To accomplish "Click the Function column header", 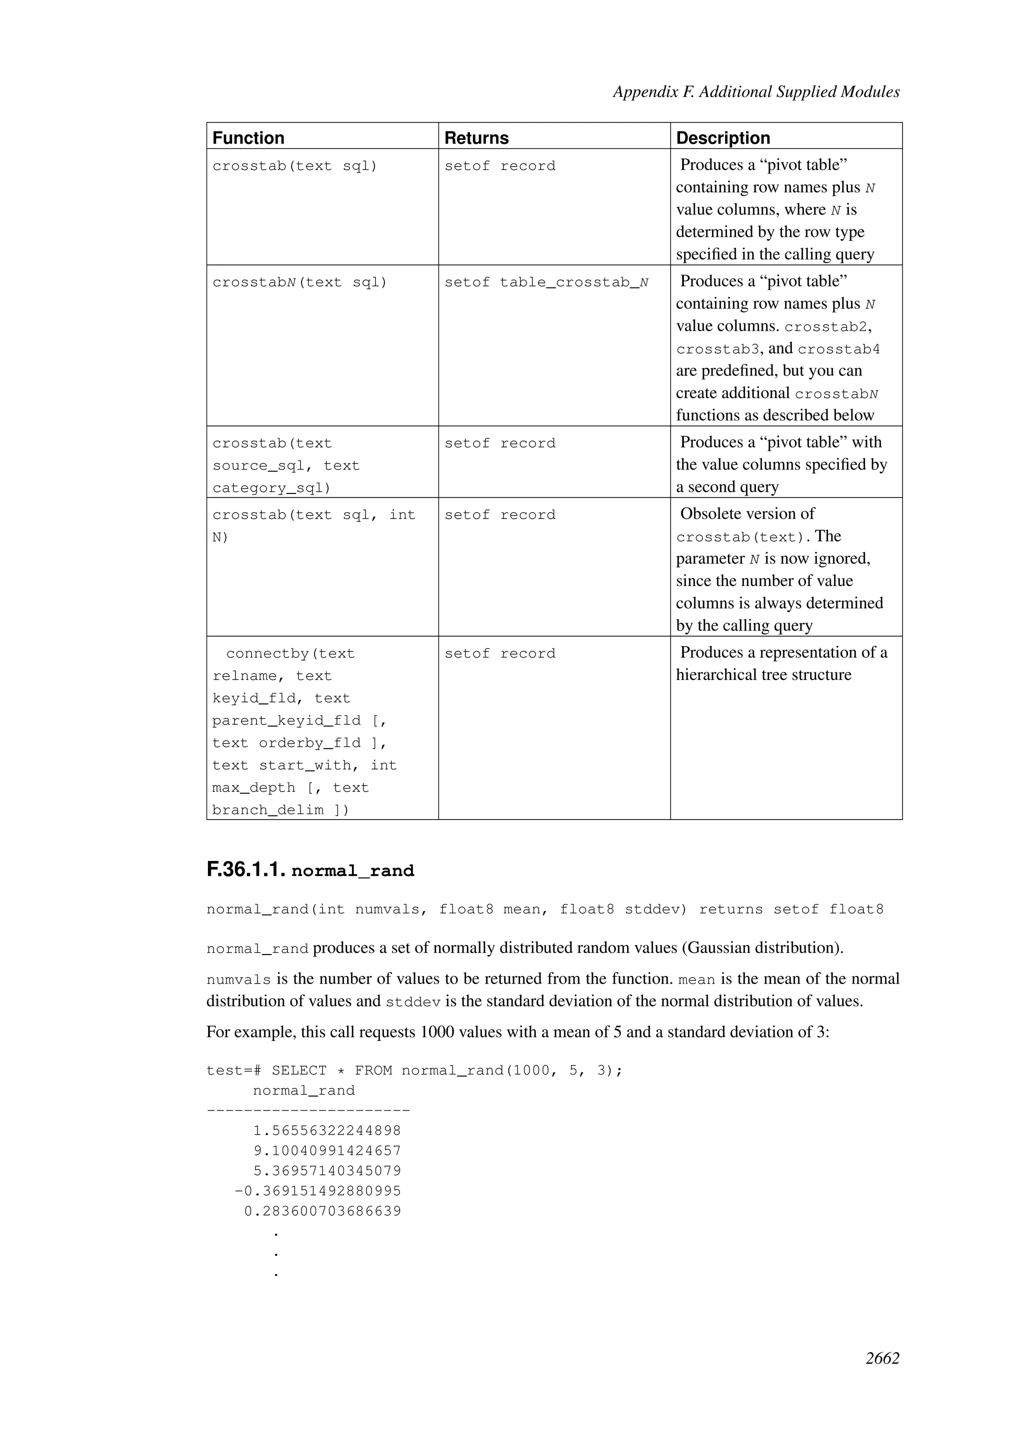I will [x=248, y=137].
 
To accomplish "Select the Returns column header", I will [x=476, y=137].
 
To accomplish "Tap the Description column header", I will [x=722, y=137].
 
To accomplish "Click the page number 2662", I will [x=882, y=1358].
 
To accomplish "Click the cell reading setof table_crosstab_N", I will [x=546, y=282].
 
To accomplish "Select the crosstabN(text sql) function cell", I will [x=299, y=282].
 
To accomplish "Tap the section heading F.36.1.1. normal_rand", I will [x=310, y=870].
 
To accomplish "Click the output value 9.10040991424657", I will [x=327, y=1151].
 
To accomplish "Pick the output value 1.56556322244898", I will [x=327, y=1131].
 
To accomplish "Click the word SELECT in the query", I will [x=299, y=1071].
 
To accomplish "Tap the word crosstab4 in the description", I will [x=838, y=349].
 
